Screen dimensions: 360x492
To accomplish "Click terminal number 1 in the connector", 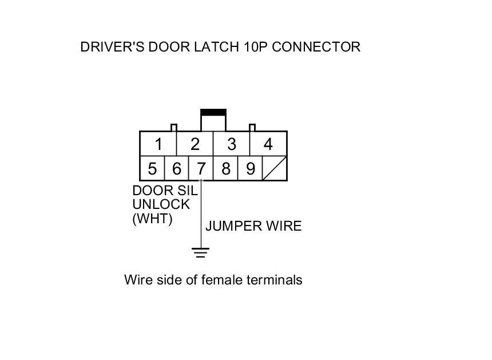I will [x=158, y=144].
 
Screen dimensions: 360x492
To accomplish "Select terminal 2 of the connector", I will [x=195, y=144].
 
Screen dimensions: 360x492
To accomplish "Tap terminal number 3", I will [x=232, y=144].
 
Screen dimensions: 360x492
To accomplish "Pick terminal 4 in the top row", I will [x=268, y=144].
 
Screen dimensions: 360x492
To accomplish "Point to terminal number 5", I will [x=152, y=169].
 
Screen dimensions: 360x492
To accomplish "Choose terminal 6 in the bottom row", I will [x=176, y=169].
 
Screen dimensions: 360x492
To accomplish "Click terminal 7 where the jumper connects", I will [x=201, y=169].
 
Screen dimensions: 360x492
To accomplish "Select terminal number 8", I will [x=225, y=169].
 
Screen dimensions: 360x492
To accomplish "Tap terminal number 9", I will [x=250, y=169].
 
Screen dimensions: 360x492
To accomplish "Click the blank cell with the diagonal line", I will [x=275, y=169].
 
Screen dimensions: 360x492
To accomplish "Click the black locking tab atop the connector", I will [x=213, y=112].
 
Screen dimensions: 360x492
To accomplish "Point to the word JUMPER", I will [x=231, y=226].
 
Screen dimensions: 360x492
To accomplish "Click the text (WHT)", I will [x=152, y=219].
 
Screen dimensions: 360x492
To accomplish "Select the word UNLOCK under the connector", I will [x=161, y=205].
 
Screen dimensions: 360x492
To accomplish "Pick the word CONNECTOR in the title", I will [x=316, y=47].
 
